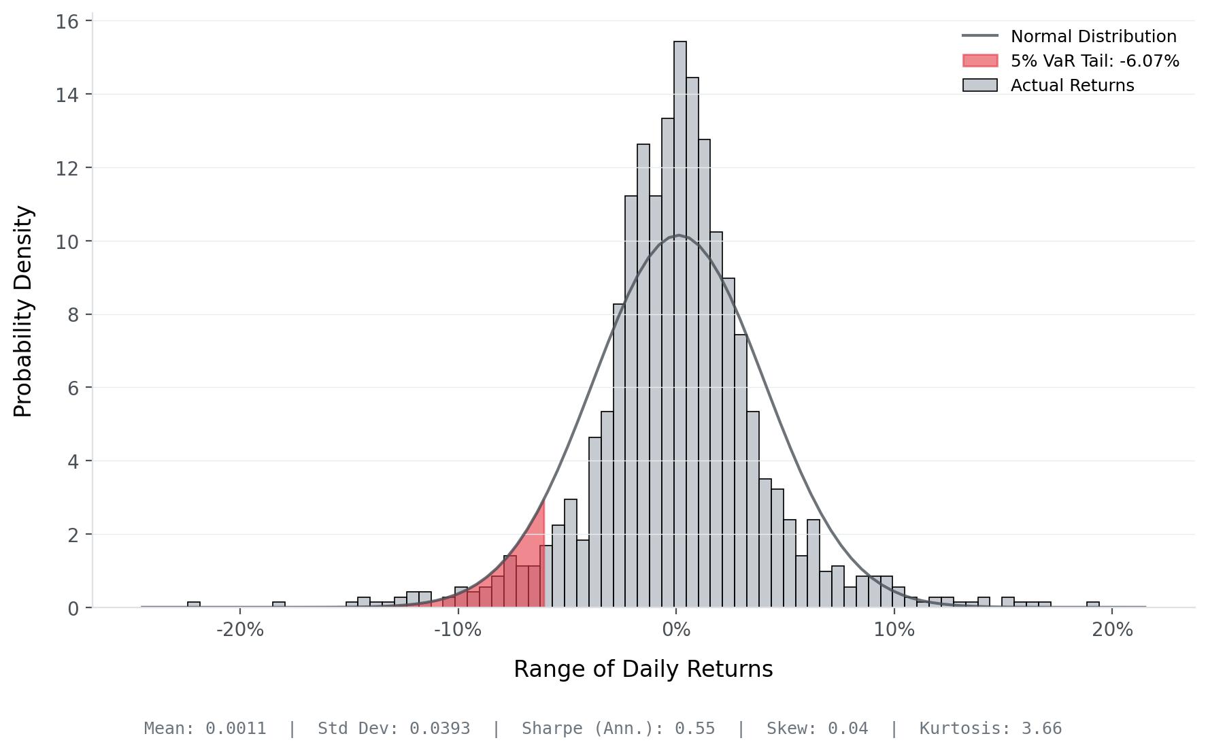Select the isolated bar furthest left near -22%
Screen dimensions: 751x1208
click(x=194, y=605)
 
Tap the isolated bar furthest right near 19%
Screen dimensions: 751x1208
click(x=1092, y=605)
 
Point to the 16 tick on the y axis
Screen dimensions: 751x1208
click(x=67, y=22)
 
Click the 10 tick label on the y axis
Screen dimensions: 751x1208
click(x=67, y=241)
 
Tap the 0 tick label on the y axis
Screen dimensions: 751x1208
click(x=73, y=608)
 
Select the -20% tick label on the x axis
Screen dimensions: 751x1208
click(x=239, y=630)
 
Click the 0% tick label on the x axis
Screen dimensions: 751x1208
click(x=676, y=630)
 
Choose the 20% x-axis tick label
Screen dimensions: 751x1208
click(x=1112, y=630)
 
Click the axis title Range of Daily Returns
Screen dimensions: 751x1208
click(x=643, y=669)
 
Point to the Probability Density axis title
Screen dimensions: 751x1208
click(x=23, y=312)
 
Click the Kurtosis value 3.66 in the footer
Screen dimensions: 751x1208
click(x=1041, y=729)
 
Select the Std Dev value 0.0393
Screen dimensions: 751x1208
click(x=439, y=729)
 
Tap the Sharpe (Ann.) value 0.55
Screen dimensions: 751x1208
click(x=694, y=729)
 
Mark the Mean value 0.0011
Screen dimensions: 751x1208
click(x=235, y=729)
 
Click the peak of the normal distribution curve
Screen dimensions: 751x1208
click(x=679, y=235)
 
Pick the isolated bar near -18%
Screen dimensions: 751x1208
click(x=279, y=605)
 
